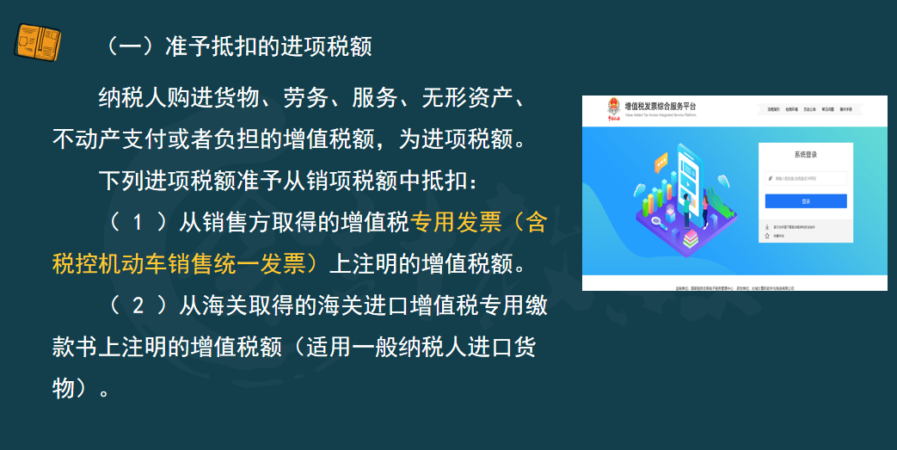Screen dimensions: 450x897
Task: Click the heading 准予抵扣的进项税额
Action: [267, 46]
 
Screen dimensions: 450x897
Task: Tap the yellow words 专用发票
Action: [456, 223]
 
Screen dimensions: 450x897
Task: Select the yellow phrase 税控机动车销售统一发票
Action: [180, 264]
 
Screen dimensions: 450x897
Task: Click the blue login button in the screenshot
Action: [805, 201]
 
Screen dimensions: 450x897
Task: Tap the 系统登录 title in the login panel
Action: [806, 155]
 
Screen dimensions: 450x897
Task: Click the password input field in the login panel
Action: [806, 179]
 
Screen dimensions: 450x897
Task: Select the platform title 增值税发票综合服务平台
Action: [660, 106]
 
